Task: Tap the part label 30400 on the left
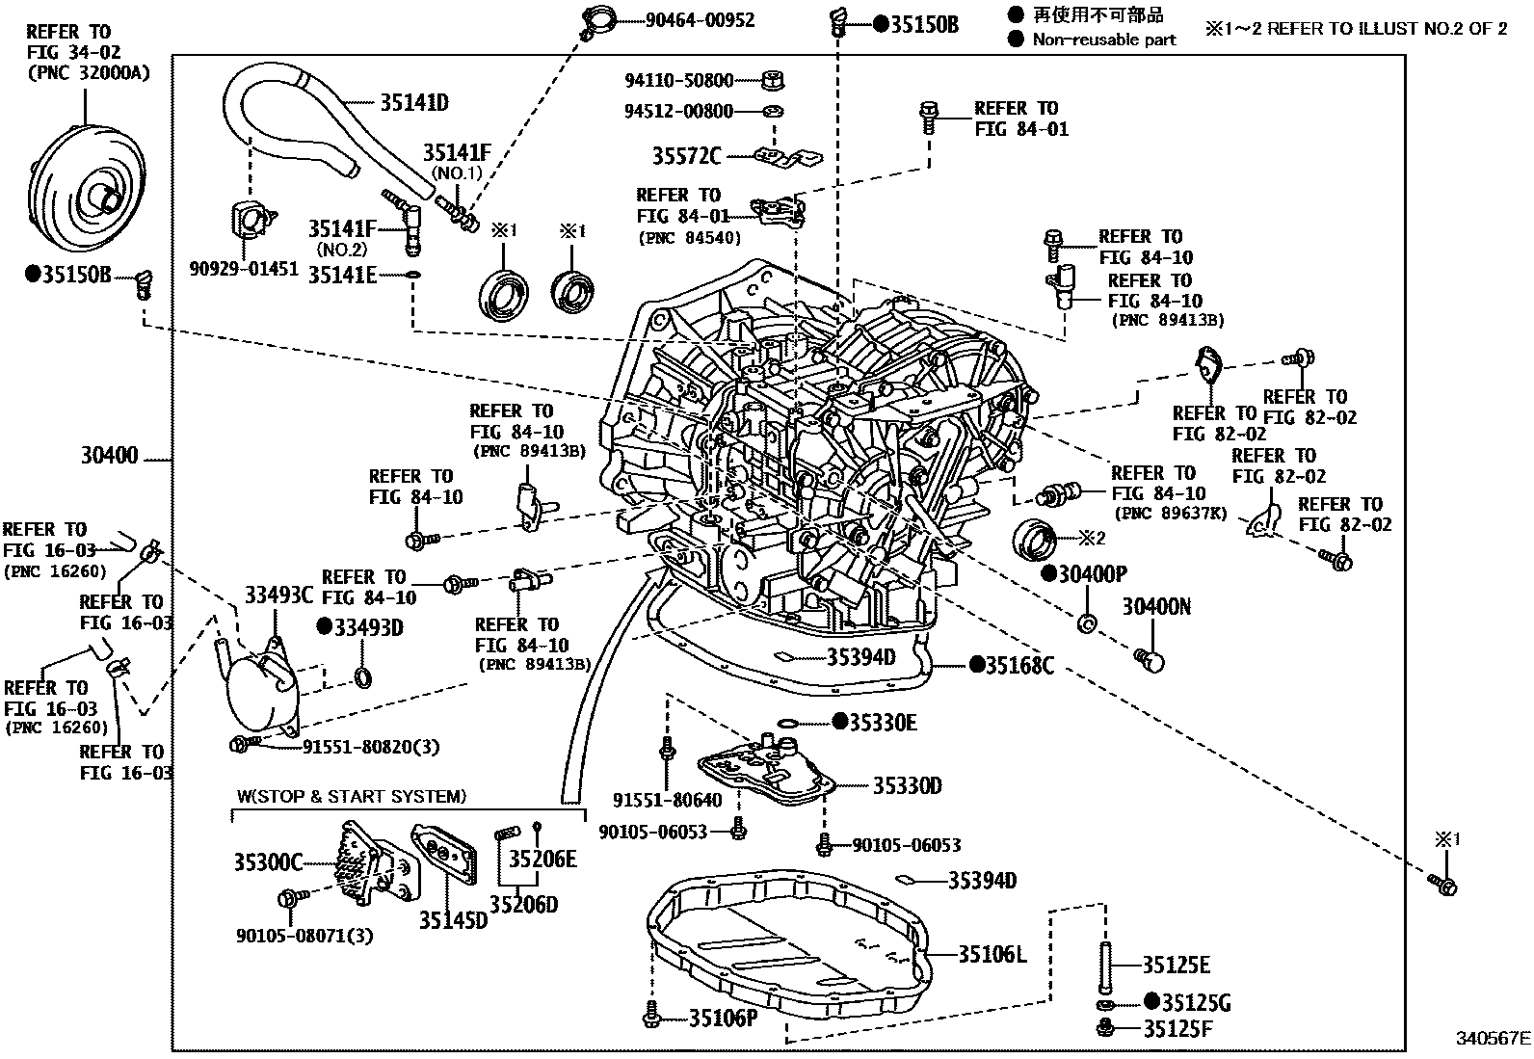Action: point(109,456)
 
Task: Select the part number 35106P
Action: point(724,1017)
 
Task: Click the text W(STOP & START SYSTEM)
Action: point(351,797)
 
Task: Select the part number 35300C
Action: point(268,861)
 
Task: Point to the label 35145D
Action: point(453,920)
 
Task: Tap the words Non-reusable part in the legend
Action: point(1104,40)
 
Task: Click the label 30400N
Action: point(1156,606)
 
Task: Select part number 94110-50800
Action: point(678,81)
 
